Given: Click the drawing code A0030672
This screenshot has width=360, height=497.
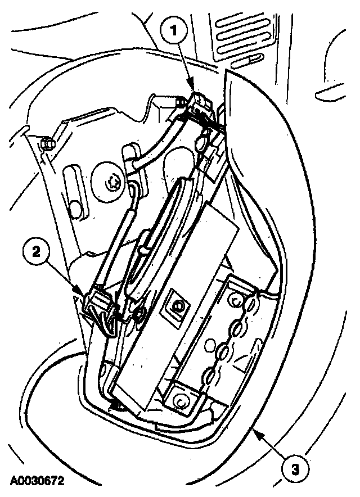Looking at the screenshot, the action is coord(35,482).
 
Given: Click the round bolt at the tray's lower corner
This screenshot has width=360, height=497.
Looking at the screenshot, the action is coord(181,400).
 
